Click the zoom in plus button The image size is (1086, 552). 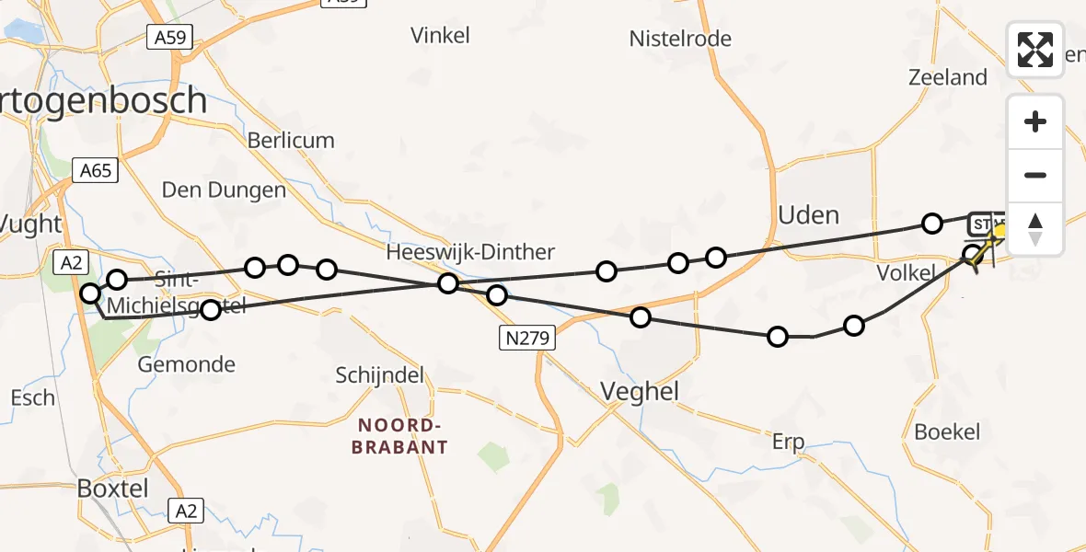point(1035,121)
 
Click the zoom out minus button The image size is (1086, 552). point(1035,175)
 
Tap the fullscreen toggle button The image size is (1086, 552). point(1035,50)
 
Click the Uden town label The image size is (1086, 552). point(808,215)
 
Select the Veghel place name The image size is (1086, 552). point(640,392)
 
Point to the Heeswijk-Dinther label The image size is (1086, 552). point(470,252)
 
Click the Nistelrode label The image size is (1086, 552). point(680,39)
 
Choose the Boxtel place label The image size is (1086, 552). point(113,488)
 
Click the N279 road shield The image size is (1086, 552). point(526,339)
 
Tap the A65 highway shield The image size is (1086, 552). point(95,170)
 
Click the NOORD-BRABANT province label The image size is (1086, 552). point(404,436)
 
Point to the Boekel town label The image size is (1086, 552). point(947,431)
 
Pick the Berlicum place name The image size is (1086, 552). point(291,141)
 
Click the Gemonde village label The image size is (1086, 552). point(186,364)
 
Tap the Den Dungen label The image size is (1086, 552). point(224,190)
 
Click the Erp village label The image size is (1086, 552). point(788,443)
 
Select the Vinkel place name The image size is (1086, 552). point(440,36)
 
